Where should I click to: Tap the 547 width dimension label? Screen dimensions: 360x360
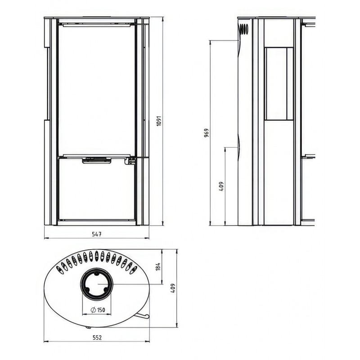(97, 234)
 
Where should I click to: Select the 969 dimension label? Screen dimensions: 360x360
(207, 133)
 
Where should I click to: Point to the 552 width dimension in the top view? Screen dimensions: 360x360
(97, 337)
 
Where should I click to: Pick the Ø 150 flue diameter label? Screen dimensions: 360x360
(98, 310)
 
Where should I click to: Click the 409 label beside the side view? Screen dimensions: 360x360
(221, 186)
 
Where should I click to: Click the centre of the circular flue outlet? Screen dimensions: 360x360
(97, 284)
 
